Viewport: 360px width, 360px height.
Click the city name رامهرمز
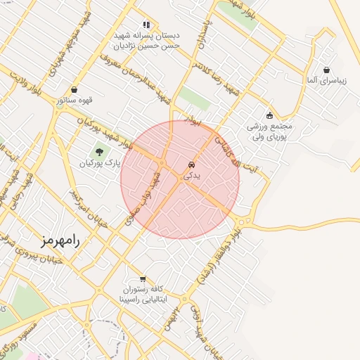click(x=61, y=240)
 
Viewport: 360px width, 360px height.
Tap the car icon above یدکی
click(x=191, y=165)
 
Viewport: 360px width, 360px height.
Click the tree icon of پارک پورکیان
click(x=98, y=151)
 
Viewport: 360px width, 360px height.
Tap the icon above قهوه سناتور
click(x=75, y=89)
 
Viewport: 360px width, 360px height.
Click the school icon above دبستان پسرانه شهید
click(x=146, y=24)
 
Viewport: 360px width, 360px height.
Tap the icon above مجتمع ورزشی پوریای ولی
click(x=269, y=115)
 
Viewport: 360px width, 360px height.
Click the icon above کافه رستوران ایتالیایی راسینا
click(x=143, y=278)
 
